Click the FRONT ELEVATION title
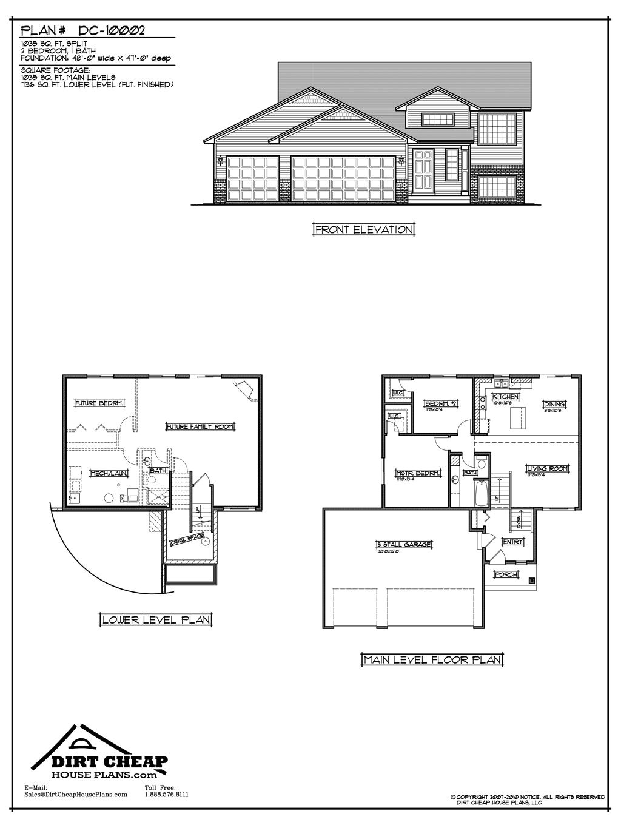tap(364, 229)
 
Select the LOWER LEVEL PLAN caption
tap(156, 619)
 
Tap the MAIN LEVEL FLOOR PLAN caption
tap(432, 659)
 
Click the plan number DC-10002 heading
tap(83, 30)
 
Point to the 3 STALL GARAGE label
tap(404, 544)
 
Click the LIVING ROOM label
tap(547, 468)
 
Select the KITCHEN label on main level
tap(505, 396)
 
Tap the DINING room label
tap(554, 404)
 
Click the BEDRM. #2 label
tap(440, 403)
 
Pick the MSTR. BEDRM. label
tap(417, 473)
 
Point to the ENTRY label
tap(513, 542)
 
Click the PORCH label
tap(506, 574)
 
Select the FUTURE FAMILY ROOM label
tap(200, 426)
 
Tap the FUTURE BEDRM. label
tap(99, 402)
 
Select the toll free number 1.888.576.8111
tap(167, 794)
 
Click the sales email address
tap(76, 794)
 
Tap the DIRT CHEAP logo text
tap(101, 762)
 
